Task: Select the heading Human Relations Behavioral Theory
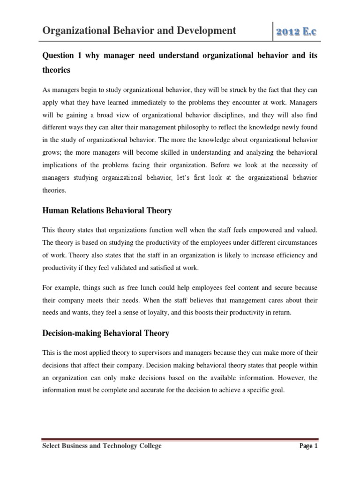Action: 107,211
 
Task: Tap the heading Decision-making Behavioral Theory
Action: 105,334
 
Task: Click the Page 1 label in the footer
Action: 308,446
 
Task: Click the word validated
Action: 112,268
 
